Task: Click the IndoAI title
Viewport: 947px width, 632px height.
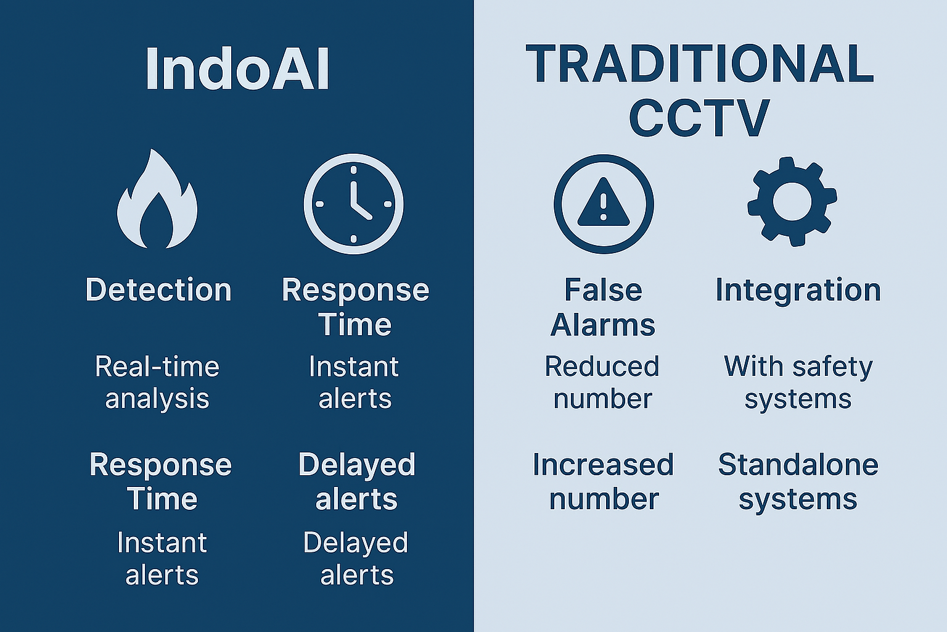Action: click(x=237, y=69)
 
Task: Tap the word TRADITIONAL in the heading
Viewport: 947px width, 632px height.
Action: click(x=699, y=64)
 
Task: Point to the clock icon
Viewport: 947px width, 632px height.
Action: click(x=353, y=204)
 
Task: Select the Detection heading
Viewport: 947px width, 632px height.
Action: click(x=158, y=289)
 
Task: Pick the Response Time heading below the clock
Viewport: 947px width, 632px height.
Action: click(x=355, y=307)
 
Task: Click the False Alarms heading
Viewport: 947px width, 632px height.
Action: click(x=603, y=307)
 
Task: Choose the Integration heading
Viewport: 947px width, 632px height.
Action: click(x=798, y=289)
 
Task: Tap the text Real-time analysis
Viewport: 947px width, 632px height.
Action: click(x=157, y=383)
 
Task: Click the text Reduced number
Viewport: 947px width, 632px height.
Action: click(x=602, y=383)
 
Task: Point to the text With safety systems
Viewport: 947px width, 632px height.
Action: click(x=798, y=383)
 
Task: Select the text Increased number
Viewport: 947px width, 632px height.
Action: click(x=603, y=481)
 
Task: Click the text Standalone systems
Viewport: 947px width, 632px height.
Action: click(x=798, y=481)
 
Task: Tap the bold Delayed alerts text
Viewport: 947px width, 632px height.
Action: click(x=356, y=481)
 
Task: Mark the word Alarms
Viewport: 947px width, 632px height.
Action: click(x=603, y=325)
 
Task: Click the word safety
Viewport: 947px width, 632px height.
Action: click(x=832, y=367)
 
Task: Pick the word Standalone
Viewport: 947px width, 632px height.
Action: click(x=798, y=465)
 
